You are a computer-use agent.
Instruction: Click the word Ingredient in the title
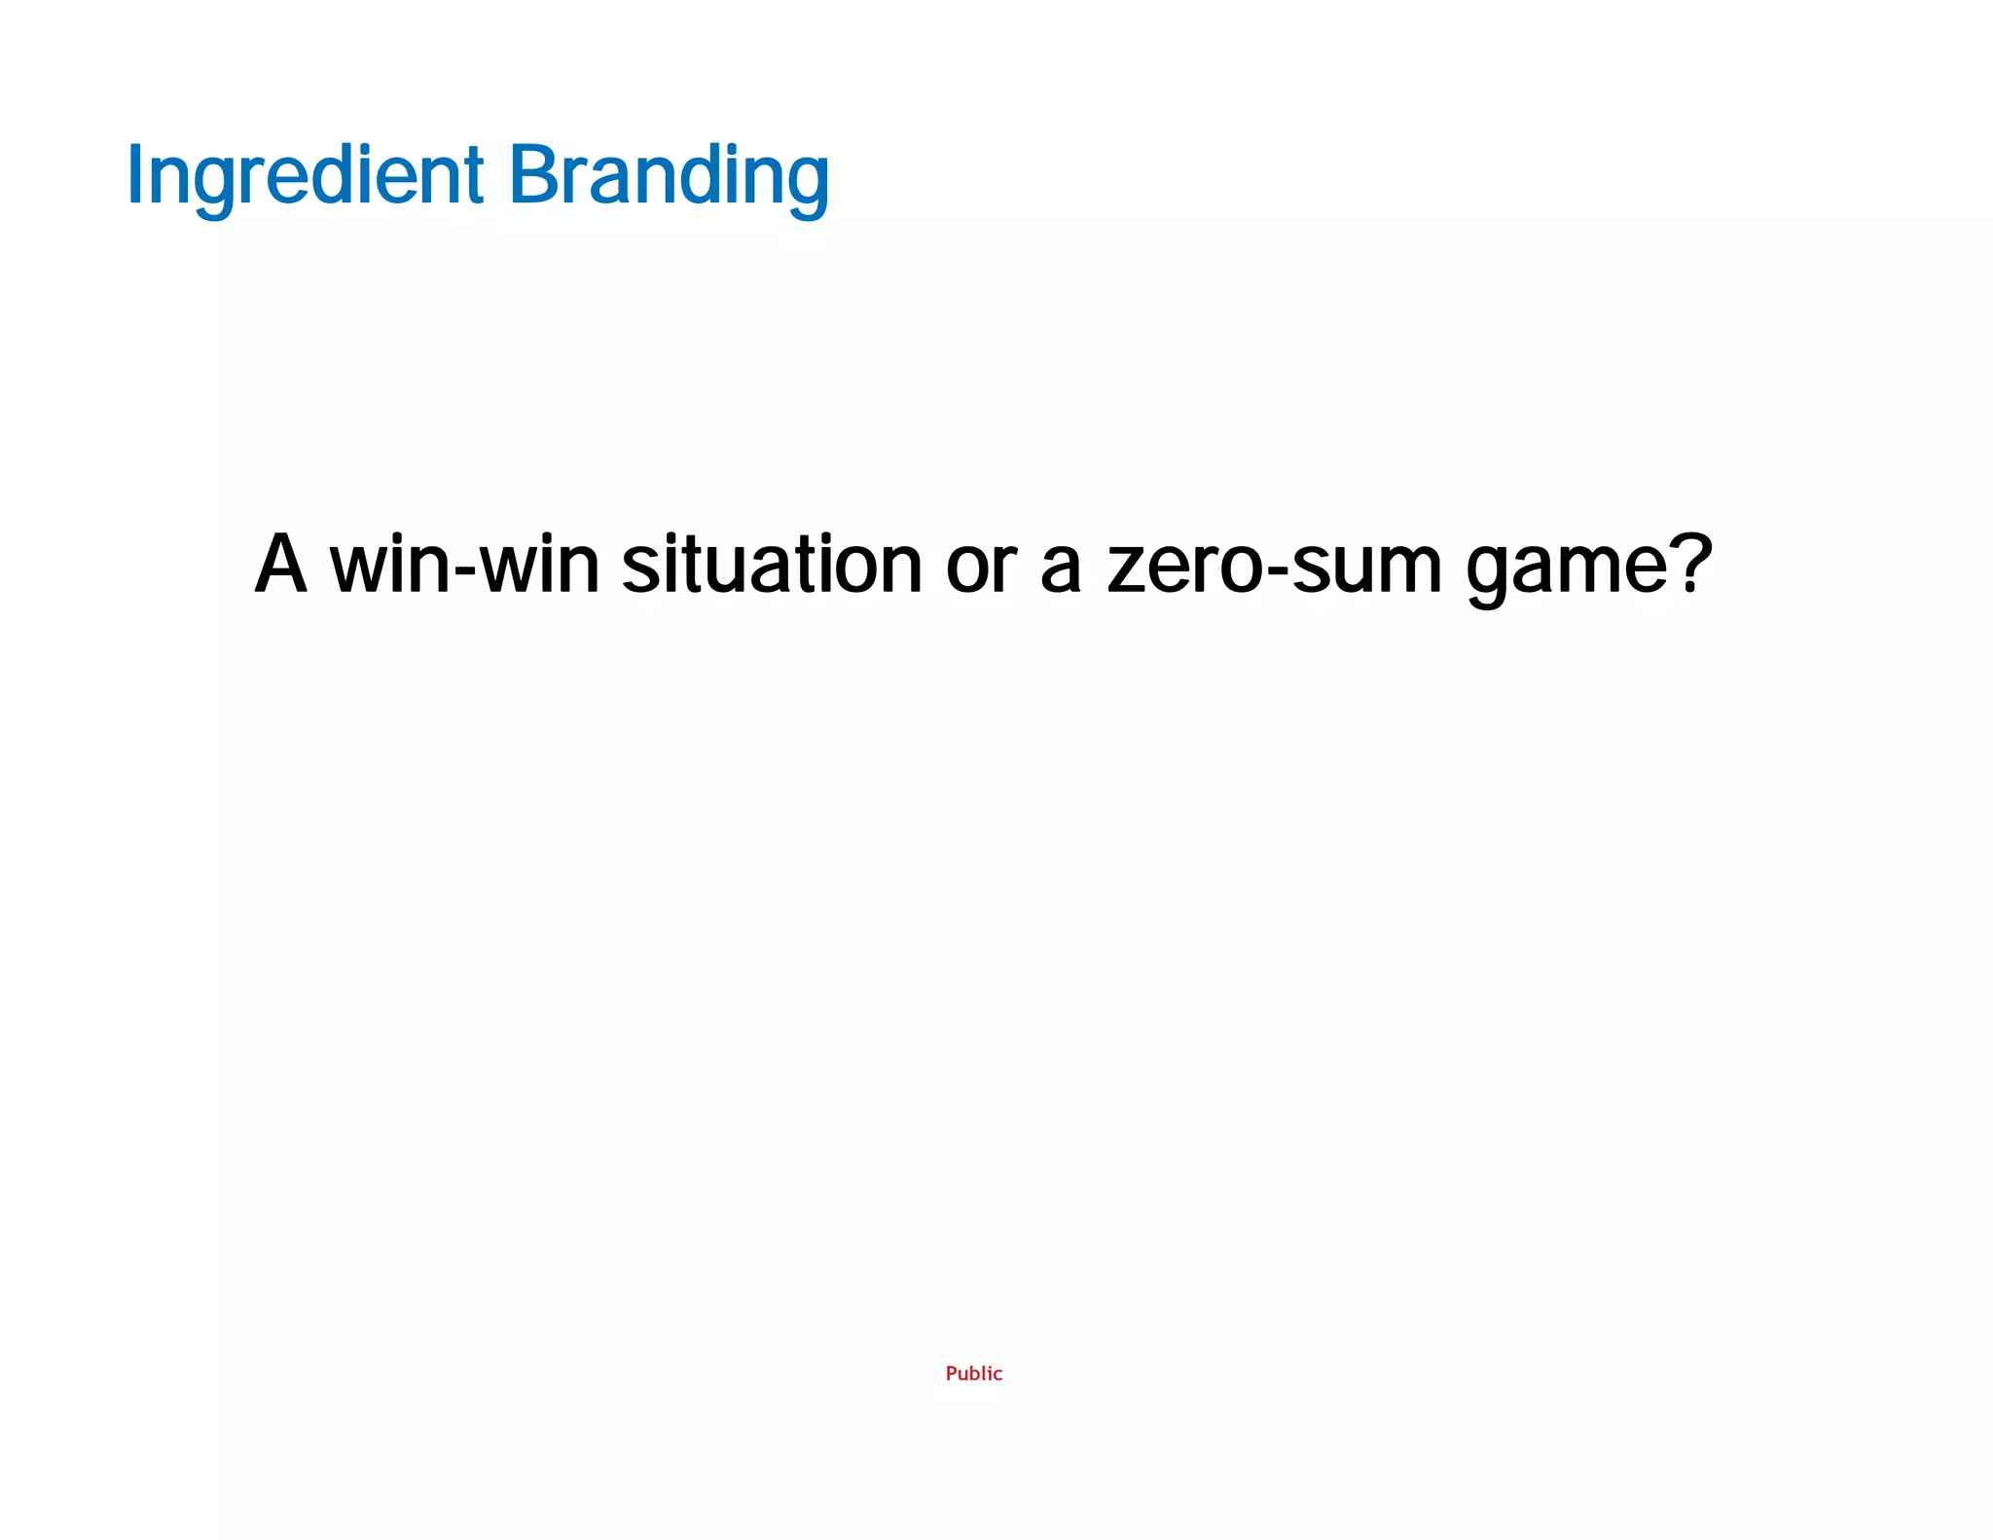pyautogui.click(x=305, y=176)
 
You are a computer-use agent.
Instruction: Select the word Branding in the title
pyautogui.click(x=669, y=176)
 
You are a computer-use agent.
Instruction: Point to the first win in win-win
pyautogui.click(x=390, y=566)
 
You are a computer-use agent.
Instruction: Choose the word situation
pyautogui.click(x=772, y=566)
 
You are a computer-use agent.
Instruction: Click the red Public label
pyautogui.click(x=973, y=1374)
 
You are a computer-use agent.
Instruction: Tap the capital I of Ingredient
pyautogui.click(x=134, y=176)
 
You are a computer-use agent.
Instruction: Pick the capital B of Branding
pyautogui.click(x=531, y=174)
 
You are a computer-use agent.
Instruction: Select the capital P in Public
pyautogui.click(x=952, y=1374)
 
